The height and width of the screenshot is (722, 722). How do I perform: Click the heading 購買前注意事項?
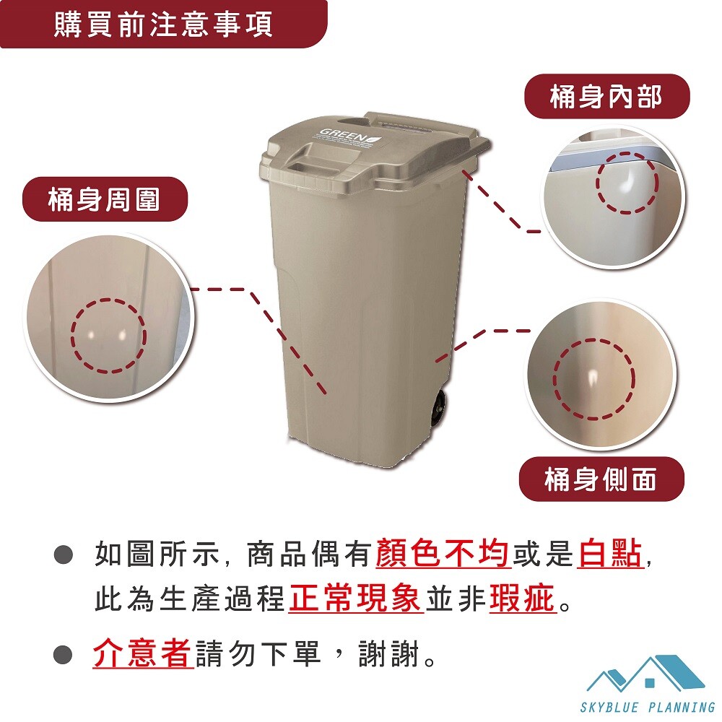(x=163, y=24)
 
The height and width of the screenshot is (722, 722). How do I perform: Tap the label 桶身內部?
(x=606, y=97)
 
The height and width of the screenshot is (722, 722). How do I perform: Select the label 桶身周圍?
(x=104, y=199)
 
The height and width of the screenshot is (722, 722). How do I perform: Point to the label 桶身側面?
(x=601, y=479)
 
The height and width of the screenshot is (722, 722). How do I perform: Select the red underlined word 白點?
(x=610, y=553)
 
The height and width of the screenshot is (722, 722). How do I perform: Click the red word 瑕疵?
(x=523, y=599)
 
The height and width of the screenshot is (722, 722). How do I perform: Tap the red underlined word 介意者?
(x=143, y=653)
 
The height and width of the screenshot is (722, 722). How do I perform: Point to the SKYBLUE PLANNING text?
(x=648, y=708)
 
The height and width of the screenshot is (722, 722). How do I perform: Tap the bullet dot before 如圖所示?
(x=63, y=554)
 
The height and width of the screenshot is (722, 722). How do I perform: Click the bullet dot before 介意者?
(x=63, y=654)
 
